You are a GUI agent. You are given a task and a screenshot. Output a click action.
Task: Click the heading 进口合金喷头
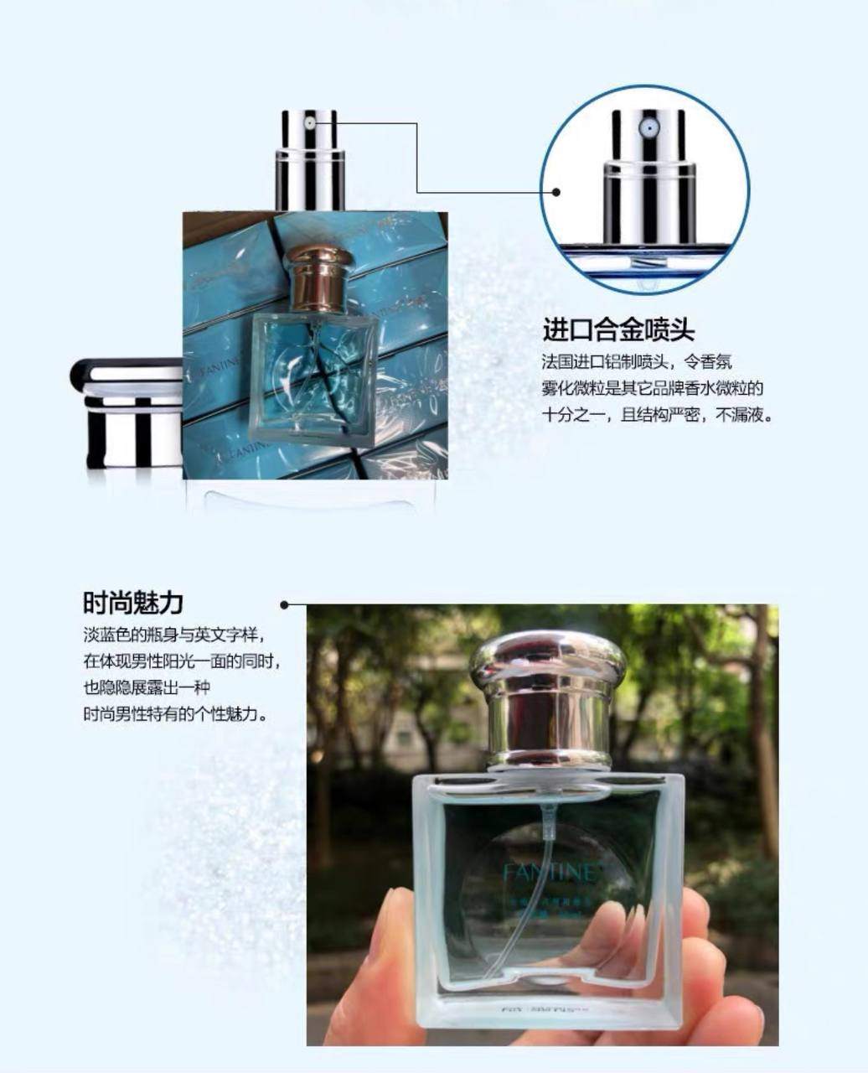(618, 329)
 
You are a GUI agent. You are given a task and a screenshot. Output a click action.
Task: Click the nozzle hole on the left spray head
(309, 122)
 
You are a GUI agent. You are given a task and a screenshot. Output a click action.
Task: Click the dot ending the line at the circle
(555, 192)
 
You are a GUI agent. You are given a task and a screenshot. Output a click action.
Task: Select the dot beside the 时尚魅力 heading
(284, 604)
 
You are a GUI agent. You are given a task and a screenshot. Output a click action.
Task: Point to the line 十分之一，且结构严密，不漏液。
(656, 415)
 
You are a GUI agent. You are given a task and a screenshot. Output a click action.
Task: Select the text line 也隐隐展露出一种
(146, 688)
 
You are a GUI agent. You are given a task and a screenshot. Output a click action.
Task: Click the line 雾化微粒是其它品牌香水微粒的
(653, 389)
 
